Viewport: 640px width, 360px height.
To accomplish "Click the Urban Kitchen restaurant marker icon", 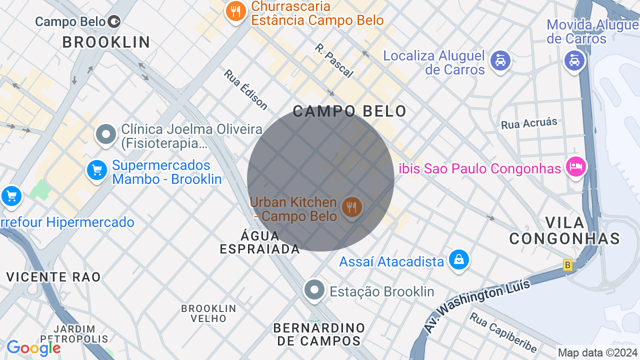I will pos(351,207).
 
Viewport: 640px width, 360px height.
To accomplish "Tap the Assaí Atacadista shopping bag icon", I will pos(458,259).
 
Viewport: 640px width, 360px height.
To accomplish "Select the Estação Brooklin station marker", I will pos(314,290).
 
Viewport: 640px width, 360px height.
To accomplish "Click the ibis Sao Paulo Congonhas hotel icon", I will pos(575,166).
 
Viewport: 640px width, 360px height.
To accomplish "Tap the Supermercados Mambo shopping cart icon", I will pos(97,170).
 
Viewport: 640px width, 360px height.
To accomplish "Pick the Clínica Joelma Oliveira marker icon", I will pos(106,134).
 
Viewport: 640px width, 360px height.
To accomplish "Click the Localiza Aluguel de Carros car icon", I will pos(500,61).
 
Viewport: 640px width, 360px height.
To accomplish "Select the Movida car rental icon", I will pos(574,61).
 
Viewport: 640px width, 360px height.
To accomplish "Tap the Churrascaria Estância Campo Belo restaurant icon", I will pos(235,11).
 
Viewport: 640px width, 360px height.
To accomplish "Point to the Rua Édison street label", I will pos(245,89).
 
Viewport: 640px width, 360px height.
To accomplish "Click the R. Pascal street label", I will pos(334,60).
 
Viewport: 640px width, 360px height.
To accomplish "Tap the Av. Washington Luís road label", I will pos(477,306).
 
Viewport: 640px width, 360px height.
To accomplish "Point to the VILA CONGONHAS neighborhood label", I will pos(564,230).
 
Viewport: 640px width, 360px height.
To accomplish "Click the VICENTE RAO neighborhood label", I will pos(53,276).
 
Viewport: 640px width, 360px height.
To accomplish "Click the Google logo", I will pos(33,348).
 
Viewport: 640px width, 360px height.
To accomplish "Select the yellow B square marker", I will pos(567,265).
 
